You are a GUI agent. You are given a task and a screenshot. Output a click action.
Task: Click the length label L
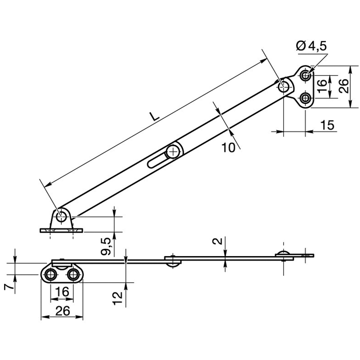pyautogui.click(x=154, y=116)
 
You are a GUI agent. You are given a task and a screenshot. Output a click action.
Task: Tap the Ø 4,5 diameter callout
pyautogui.click(x=312, y=46)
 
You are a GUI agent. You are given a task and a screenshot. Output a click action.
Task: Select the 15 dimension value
pyautogui.click(x=328, y=126)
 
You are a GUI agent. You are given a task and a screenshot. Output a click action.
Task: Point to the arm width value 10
pyautogui.click(x=229, y=147)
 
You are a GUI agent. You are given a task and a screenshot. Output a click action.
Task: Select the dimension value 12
pyautogui.click(x=117, y=297)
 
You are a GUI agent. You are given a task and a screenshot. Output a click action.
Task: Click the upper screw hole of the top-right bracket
pyautogui.click(x=306, y=75)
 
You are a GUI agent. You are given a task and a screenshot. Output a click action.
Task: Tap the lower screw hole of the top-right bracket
pyautogui.click(x=306, y=98)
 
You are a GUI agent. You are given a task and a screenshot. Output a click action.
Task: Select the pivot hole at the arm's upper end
pyautogui.click(x=284, y=86)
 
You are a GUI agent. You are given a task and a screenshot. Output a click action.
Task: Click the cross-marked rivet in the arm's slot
pyautogui.click(x=172, y=152)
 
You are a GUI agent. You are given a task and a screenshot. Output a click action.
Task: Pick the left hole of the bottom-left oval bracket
pyautogui.click(x=51, y=274)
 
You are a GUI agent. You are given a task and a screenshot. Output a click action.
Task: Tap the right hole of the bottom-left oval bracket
pyautogui.click(x=73, y=274)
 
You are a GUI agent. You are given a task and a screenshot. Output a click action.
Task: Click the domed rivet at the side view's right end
pyautogui.click(x=284, y=254)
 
